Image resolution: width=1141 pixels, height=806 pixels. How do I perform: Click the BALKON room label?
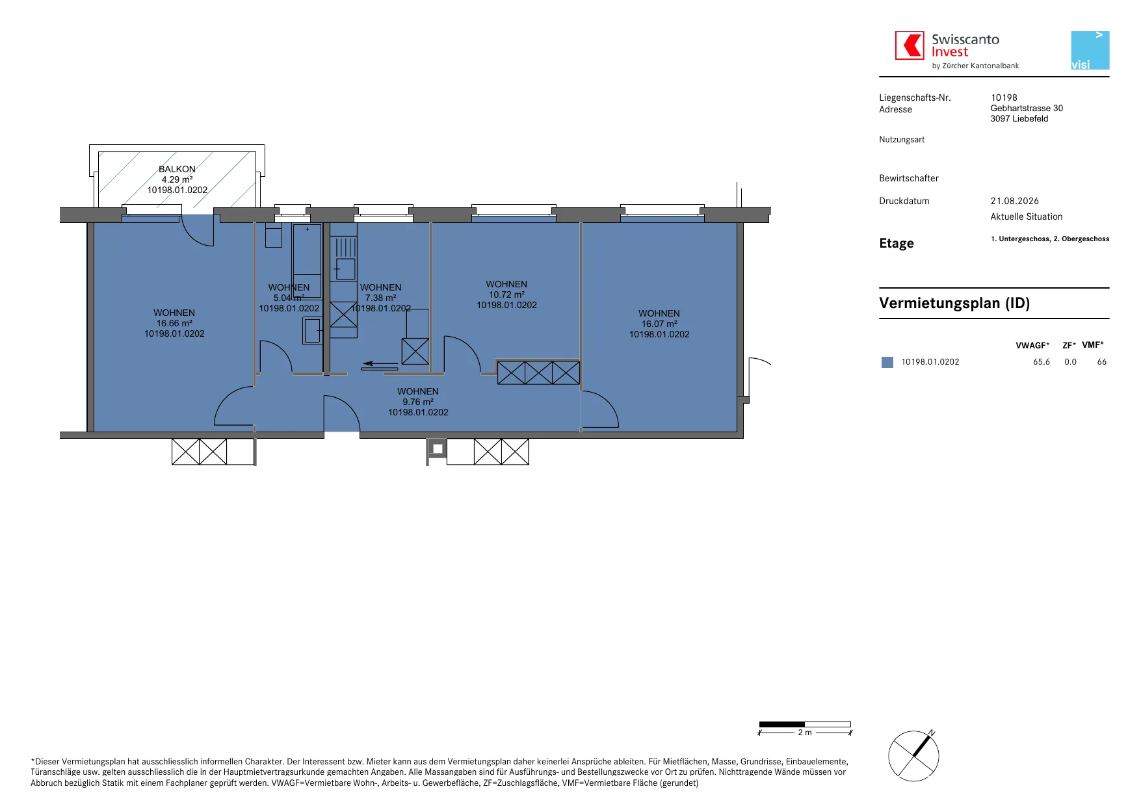click(177, 169)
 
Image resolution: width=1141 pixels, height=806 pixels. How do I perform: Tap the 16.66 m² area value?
click(174, 323)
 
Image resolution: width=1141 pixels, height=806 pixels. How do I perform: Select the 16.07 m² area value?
click(659, 324)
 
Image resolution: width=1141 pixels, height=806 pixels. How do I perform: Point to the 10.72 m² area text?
click(506, 294)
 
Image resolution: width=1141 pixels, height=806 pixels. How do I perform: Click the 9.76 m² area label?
click(418, 402)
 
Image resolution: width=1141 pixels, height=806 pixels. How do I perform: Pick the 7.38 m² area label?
click(381, 298)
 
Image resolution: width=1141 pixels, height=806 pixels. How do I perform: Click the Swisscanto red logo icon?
click(910, 45)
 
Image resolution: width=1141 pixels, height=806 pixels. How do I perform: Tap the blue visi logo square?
click(1090, 50)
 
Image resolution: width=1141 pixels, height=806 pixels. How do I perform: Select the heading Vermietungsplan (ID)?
click(954, 303)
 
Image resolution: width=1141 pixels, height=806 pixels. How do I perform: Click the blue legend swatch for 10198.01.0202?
click(887, 362)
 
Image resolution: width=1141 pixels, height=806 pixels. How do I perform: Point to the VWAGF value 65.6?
click(1042, 362)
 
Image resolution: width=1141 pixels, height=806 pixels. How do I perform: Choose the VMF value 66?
click(1102, 362)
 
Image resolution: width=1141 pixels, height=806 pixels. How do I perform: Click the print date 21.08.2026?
click(1015, 201)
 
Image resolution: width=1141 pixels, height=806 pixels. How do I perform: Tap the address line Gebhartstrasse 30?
click(1027, 108)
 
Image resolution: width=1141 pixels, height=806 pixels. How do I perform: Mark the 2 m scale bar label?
click(805, 733)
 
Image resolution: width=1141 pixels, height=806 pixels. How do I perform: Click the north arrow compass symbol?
click(913, 755)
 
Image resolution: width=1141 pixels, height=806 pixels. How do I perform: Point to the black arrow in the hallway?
click(380, 363)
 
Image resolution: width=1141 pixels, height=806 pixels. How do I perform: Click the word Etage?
click(897, 243)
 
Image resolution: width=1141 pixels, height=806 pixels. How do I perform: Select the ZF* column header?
click(1069, 345)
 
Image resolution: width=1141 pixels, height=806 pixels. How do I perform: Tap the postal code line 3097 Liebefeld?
click(1019, 118)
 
